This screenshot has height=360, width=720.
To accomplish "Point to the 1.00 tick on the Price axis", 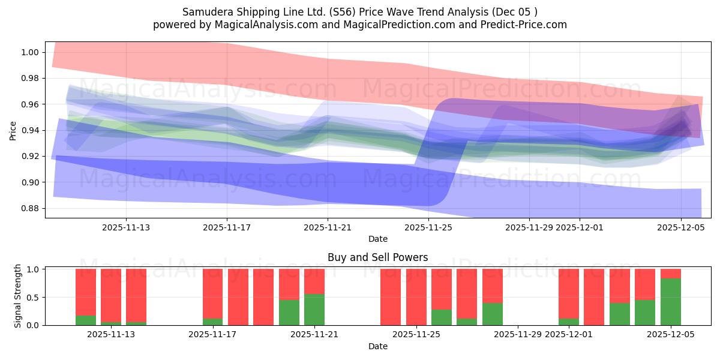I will pos(29,52).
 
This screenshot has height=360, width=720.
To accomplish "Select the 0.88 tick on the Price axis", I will pos(29,208).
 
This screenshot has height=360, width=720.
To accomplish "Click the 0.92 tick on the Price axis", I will pos(29,156).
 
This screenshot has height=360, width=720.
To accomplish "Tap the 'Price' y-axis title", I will pos(13,130).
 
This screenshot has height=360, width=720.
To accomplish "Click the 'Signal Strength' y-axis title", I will pos(18,296).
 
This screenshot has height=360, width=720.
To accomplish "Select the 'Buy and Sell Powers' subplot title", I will pos(377,257).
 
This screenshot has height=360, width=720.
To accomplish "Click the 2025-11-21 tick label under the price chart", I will pos(328,227).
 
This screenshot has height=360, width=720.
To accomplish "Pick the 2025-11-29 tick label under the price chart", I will pos(529,227).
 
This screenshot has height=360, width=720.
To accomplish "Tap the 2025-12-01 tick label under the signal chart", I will pos(568,334).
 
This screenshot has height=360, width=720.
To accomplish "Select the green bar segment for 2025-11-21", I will pos(314,310).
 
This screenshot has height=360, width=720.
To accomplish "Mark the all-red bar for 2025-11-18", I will pos(238,297).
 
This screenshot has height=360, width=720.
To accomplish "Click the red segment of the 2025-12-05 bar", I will pos(670,274).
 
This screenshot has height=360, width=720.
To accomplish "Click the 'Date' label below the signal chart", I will pos(377,346).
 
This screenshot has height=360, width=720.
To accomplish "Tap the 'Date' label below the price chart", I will pos(377,239).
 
